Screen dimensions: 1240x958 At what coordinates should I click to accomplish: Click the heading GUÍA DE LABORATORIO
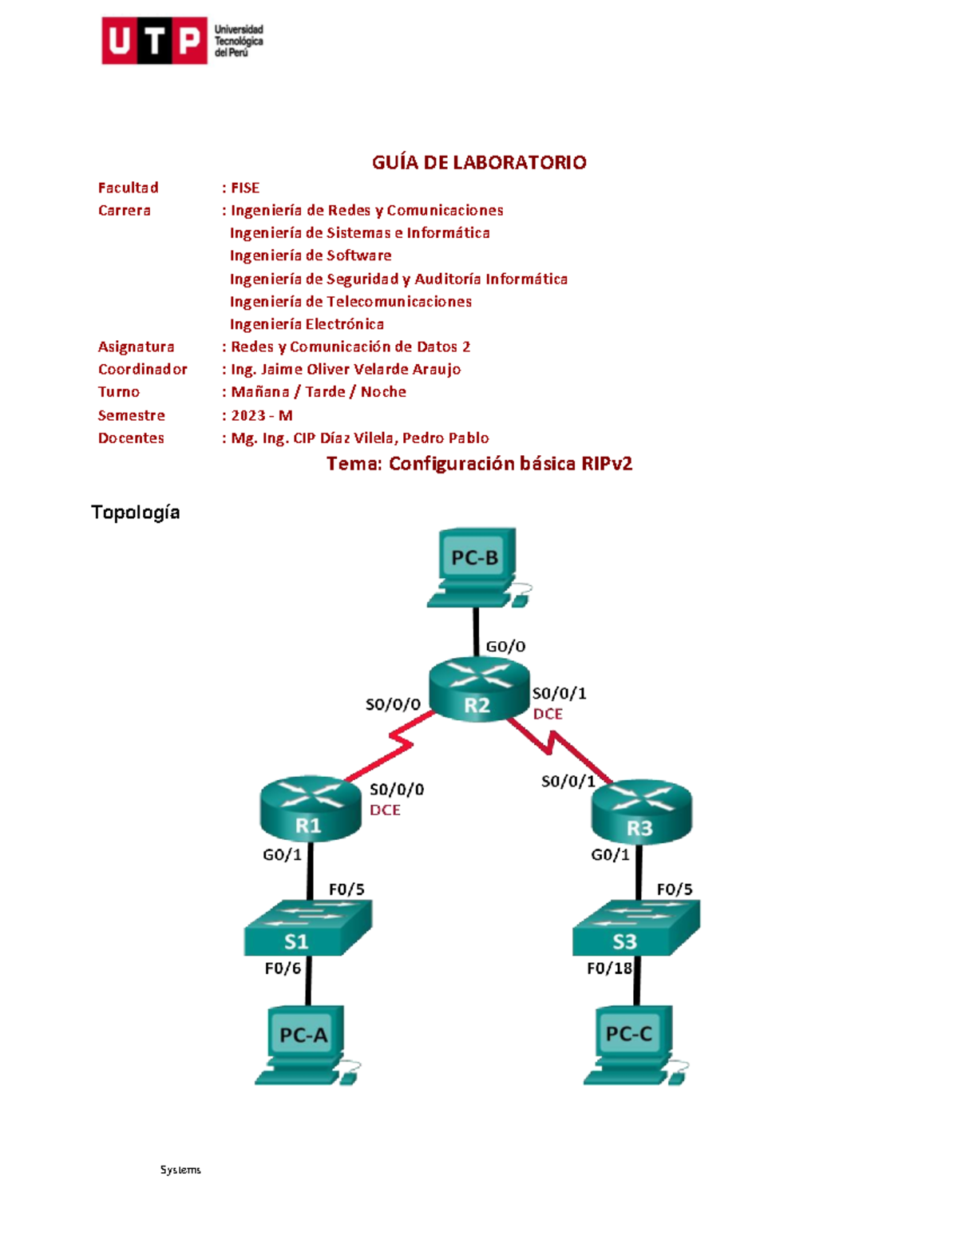click(x=479, y=163)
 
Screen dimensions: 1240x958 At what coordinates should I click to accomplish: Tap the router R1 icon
click(x=311, y=810)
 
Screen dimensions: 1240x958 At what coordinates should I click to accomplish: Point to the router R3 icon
click(x=641, y=811)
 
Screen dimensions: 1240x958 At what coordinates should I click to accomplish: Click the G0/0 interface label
click(x=505, y=647)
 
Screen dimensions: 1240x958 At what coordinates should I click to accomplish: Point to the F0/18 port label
click(x=609, y=969)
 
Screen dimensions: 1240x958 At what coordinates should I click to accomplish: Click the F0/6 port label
click(x=283, y=969)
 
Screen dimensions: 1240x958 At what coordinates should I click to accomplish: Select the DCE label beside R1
click(x=385, y=810)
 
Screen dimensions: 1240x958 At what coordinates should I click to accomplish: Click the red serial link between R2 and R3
click(x=561, y=747)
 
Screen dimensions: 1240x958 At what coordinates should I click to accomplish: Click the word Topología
click(x=136, y=513)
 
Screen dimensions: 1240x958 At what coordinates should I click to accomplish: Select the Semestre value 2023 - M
click(x=261, y=415)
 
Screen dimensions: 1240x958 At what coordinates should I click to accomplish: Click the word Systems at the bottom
click(x=180, y=1170)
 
